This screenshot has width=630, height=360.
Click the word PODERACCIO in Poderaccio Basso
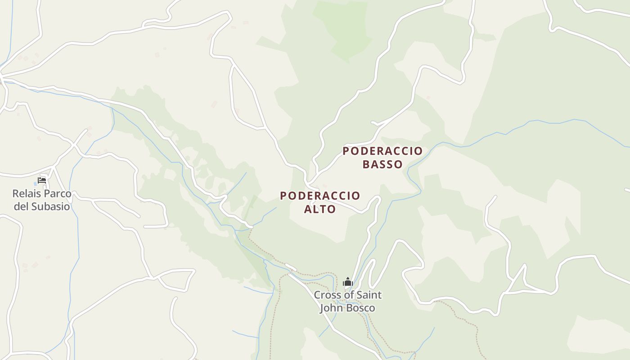point(382,151)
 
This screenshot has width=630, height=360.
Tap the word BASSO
point(382,164)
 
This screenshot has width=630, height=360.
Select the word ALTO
point(320,209)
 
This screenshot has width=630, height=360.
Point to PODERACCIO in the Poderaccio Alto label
point(320,196)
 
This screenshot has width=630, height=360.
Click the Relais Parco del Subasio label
point(42,200)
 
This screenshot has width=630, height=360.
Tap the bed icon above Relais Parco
point(42,181)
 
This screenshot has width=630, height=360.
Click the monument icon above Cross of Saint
point(347,282)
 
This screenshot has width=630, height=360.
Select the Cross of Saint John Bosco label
point(347,301)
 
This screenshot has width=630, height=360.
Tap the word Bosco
point(360,308)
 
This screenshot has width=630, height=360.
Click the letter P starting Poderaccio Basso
point(346,151)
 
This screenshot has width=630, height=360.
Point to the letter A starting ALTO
point(308,209)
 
